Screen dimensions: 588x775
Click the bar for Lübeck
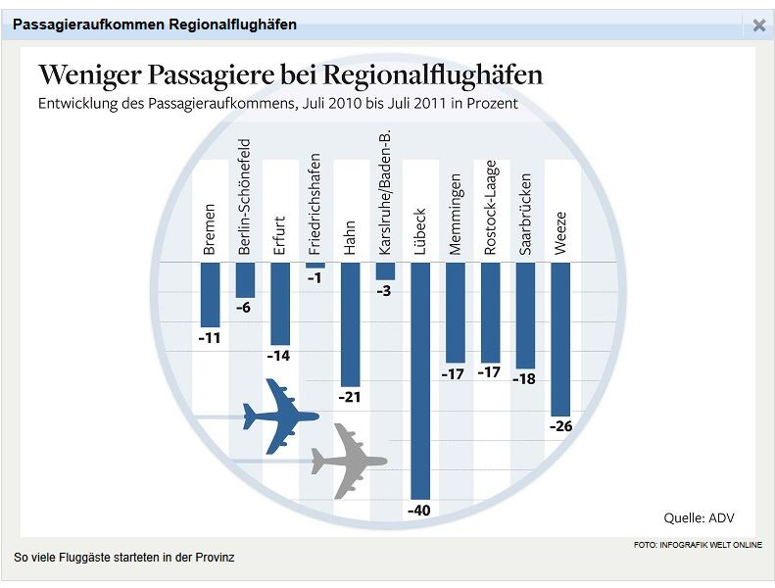(420, 381)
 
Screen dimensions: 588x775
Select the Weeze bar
(560, 339)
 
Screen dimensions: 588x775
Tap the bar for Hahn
(350, 324)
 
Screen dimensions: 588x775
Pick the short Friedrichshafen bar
(315, 266)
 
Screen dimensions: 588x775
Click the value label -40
(419, 512)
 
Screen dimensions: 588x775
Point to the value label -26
(560, 426)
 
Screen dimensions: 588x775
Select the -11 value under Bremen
(210, 338)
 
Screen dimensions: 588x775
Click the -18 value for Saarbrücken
(525, 378)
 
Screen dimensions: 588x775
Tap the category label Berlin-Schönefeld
(245, 197)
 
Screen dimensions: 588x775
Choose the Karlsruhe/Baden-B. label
(385, 192)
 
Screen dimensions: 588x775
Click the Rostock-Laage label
(490, 208)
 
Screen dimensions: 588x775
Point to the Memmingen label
(455, 215)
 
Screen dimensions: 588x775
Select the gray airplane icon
(348, 460)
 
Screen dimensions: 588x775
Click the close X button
(758, 25)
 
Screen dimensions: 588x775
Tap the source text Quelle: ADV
(699, 517)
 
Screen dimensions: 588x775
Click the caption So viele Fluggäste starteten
(124, 558)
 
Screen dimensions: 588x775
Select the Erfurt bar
(280, 304)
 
